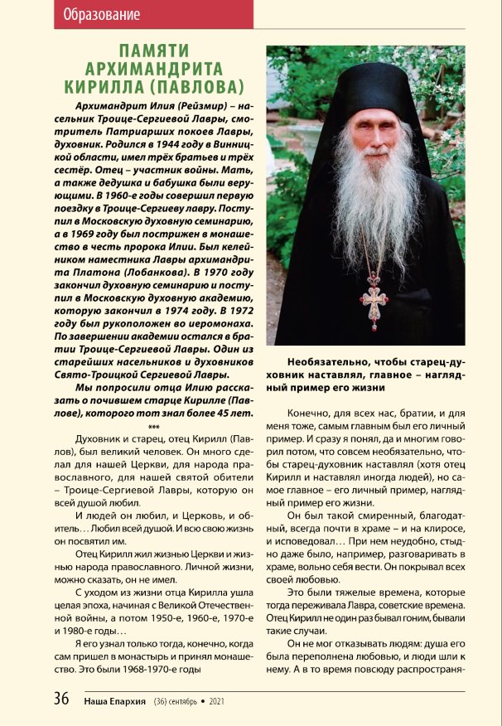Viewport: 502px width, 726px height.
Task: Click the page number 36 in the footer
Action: point(62,699)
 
